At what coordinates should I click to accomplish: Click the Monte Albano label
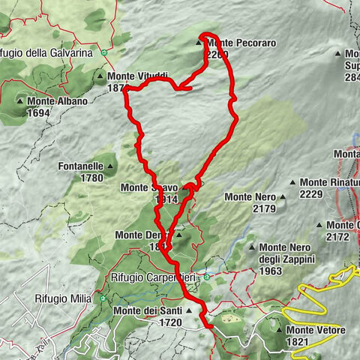pos(58,101)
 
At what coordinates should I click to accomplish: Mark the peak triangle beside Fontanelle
pos(111,167)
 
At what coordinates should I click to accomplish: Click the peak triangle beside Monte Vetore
pos(280,330)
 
